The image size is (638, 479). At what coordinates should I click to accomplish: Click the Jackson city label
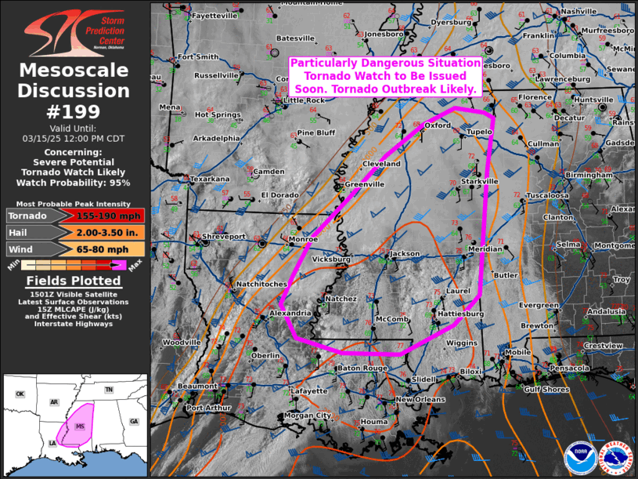pos(406,254)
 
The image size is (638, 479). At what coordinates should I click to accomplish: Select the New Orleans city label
pos(420,400)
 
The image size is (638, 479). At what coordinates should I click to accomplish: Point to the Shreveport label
pos(224,236)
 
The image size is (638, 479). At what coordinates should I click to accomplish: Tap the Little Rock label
pos(304,100)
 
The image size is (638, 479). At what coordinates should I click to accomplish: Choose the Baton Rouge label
pos(362,368)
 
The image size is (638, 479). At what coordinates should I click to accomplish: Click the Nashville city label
pos(579,11)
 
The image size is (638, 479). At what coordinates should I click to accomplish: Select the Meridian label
pos(485,249)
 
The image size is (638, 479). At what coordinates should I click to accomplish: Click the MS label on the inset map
pos(79,426)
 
